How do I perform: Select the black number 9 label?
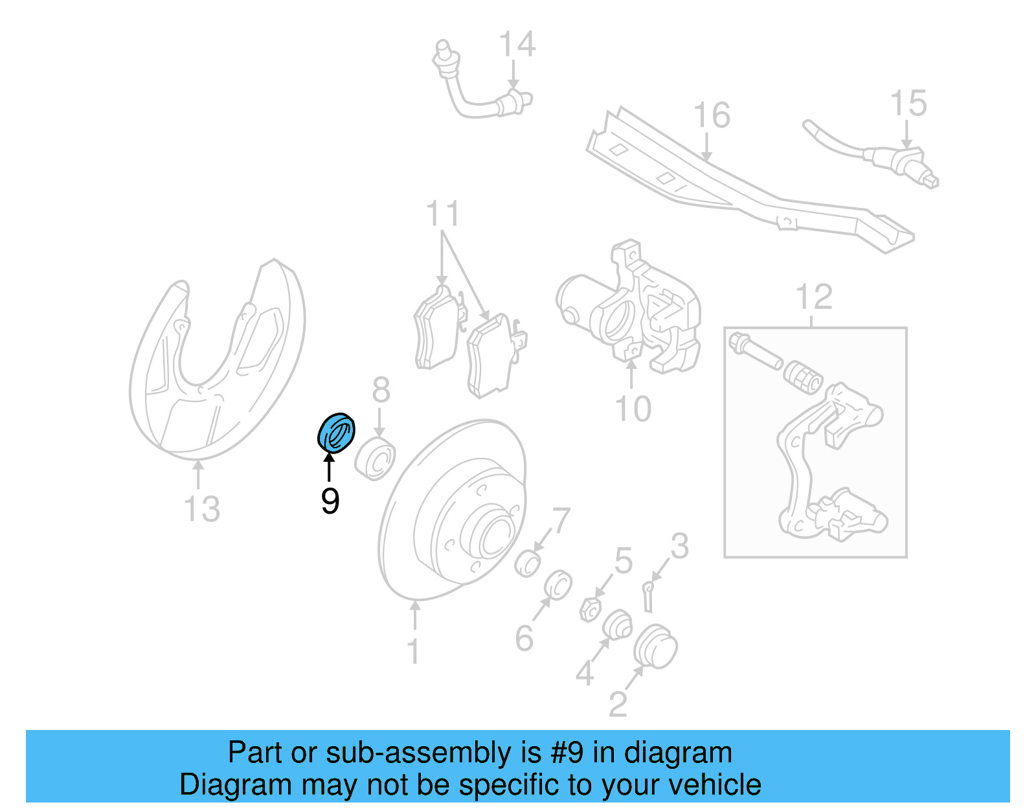click(x=330, y=501)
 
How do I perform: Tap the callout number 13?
click(x=202, y=509)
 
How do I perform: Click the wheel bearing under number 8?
click(x=376, y=459)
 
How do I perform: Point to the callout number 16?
click(x=712, y=116)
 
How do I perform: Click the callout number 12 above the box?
click(x=814, y=298)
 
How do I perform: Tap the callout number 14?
click(x=517, y=45)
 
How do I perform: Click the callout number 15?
click(x=908, y=104)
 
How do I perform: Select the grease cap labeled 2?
click(x=655, y=646)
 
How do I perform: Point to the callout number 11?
click(x=443, y=214)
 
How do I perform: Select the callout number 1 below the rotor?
click(x=414, y=651)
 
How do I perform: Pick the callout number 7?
click(x=561, y=521)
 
